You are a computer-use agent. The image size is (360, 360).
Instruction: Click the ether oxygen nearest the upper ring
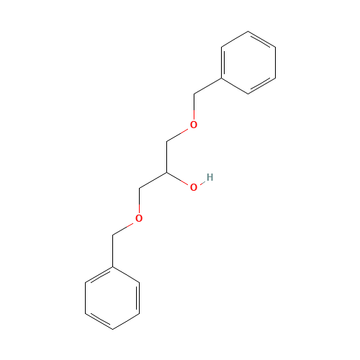(x=193, y=125)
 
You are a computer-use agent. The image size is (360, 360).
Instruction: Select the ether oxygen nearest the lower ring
(x=139, y=218)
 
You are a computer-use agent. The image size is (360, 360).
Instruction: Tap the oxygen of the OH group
(x=194, y=187)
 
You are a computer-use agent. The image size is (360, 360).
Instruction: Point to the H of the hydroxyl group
(x=210, y=177)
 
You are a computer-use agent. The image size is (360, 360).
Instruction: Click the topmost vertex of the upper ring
(x=248, y=32)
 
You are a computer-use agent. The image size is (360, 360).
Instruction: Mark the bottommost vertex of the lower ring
(x=113, y=329)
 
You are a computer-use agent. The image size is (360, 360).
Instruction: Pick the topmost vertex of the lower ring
(x=113, y=267)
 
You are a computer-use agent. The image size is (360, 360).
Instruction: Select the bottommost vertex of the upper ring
(x=248, y=94)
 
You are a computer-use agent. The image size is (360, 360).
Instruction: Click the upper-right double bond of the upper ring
(x=261, y=40)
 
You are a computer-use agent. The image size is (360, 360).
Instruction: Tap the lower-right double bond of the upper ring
(x=261, y=85)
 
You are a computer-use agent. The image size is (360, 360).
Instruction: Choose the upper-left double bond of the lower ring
(x=99, y=275)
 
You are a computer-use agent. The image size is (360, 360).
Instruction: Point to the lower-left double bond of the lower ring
(x=99, y=321)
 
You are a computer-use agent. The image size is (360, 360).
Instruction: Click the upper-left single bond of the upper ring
(x=235, y=40)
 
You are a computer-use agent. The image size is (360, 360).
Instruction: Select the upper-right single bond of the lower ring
(x=127, y=275)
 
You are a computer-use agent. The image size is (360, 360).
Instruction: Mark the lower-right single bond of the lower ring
(x=127, y=321)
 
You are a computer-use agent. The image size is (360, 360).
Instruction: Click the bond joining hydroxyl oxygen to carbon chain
(x=180, y=180)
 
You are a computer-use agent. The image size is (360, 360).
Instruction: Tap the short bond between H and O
(x=202, y=182)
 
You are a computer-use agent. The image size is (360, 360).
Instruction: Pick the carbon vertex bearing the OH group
(x=166, y=173)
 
